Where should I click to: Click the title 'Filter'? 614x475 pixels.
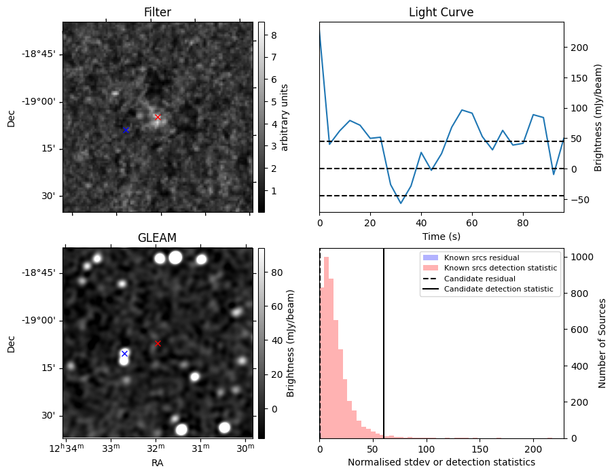[x=157, y=12]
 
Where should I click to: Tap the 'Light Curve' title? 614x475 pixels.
[x=441, y=12]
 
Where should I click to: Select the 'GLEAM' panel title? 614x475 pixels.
[x=157, y=238]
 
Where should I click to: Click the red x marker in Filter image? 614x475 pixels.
[x=158, y=117]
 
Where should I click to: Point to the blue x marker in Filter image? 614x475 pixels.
[x=126, y=129]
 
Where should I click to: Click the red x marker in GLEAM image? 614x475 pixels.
[x=158, y=343]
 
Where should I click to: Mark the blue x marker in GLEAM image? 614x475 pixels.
[x=124, y=353]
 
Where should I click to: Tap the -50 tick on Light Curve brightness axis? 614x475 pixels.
[x=576, y=199]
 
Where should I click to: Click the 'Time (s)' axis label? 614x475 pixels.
[x=441, y=234]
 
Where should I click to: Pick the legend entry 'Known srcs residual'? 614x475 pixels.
[x=481, y=258]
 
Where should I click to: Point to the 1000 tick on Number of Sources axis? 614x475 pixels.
[x=579, y=257]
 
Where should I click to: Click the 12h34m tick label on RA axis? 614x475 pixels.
[x=65, y=449]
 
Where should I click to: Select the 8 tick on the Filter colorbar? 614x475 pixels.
[x=268, y=33]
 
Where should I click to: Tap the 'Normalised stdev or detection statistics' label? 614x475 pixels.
[x=441, y=462]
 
